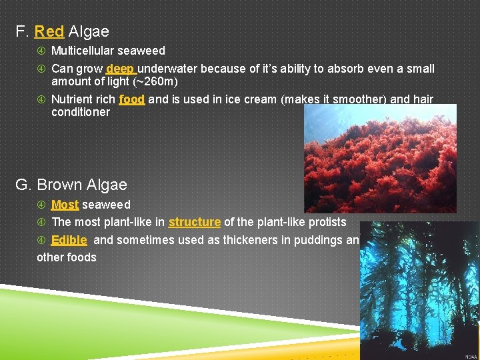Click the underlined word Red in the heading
tap(49, 31)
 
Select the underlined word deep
tap(120, 69)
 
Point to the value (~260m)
tap(155, 81)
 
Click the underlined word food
tap(132, 100)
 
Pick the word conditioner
tap(81, 112)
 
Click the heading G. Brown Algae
tap(72, 185)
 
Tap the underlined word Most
tap(65, 205)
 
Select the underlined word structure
tap(195, 222)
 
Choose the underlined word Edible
tap(69, 240)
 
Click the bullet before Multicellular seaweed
tap(41, 51)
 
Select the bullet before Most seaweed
tap(41, 205)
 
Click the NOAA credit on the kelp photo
tap(469, 355)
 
